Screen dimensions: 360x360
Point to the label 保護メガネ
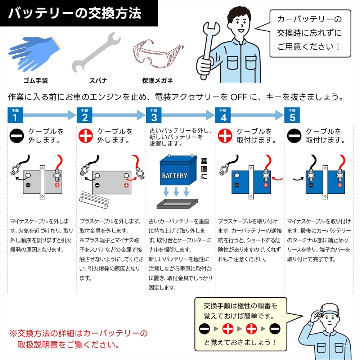[x=157, y=80]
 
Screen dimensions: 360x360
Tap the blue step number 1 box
[x=15, y=116]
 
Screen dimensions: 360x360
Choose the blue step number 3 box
[x=154, y=116]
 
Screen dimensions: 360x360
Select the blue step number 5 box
[x=292, y=116]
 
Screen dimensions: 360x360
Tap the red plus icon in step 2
[x=86, y=136]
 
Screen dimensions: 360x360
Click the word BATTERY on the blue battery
[x=175, y=176]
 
